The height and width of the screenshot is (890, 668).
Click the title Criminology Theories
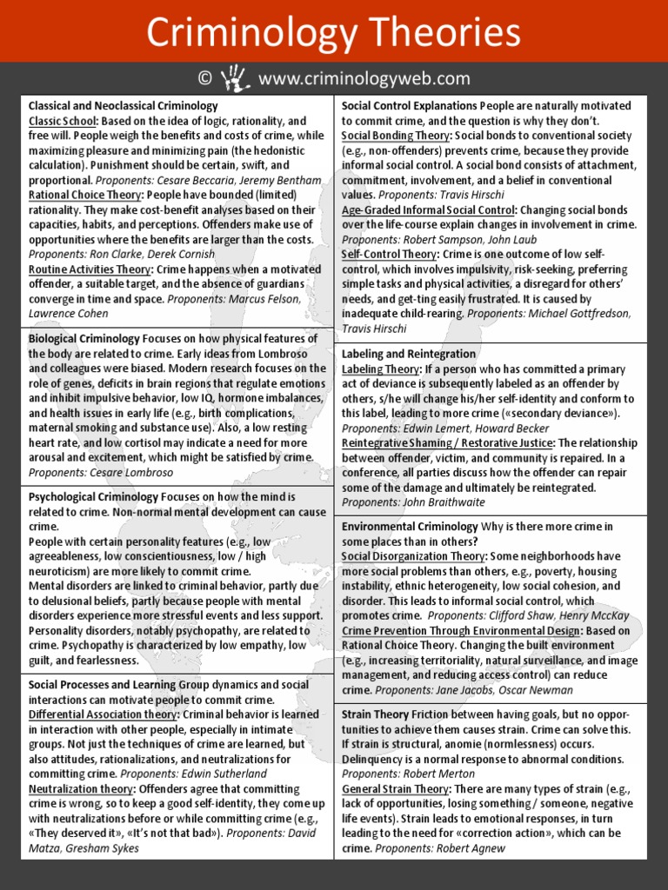333,33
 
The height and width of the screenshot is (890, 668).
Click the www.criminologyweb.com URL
364,79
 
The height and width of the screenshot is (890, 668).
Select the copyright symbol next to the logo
205,79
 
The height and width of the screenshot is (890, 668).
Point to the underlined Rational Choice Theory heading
85,195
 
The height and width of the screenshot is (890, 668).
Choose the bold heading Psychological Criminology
94,496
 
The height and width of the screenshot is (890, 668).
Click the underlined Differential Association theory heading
104,714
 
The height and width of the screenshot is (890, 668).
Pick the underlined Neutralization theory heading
81,789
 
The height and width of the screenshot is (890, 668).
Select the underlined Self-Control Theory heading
389,254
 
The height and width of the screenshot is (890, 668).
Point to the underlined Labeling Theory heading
381,369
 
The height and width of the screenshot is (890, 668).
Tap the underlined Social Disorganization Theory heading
413,556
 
